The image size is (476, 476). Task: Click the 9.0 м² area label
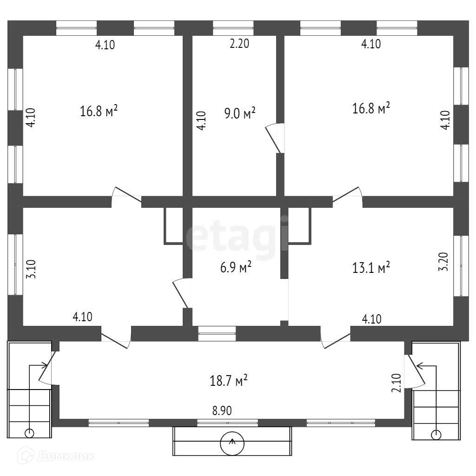tap(240, 113)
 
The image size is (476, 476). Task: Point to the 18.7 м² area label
tap(228, 381)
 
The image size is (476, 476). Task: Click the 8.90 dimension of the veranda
tap(222, 410)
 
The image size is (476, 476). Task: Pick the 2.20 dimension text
tap(240, 44)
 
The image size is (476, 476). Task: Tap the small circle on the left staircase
tap(29, 433)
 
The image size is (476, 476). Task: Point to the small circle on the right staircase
tap(436, 435)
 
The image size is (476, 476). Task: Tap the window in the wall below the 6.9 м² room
tap(217, 331)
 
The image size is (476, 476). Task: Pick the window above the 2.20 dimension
tap(233, 27)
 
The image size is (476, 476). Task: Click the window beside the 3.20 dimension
tap(461, 265)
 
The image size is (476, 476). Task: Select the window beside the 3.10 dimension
tap(15, 264)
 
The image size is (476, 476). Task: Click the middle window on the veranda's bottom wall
tap(227, 423)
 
